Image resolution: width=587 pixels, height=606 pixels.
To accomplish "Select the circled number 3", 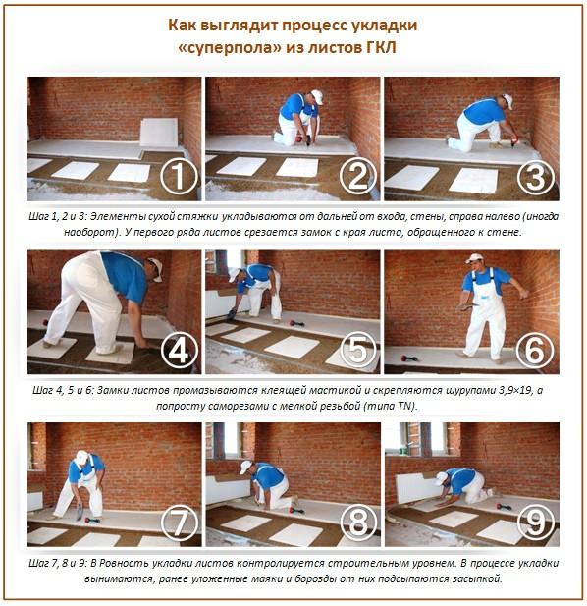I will [x=536, y=178].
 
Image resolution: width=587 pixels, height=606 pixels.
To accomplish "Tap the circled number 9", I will [x=536, y=524].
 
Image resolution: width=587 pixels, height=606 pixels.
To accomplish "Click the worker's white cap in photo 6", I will [x=475, y=258].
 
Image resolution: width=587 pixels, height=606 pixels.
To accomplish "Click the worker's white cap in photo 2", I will [x=316, y=96].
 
